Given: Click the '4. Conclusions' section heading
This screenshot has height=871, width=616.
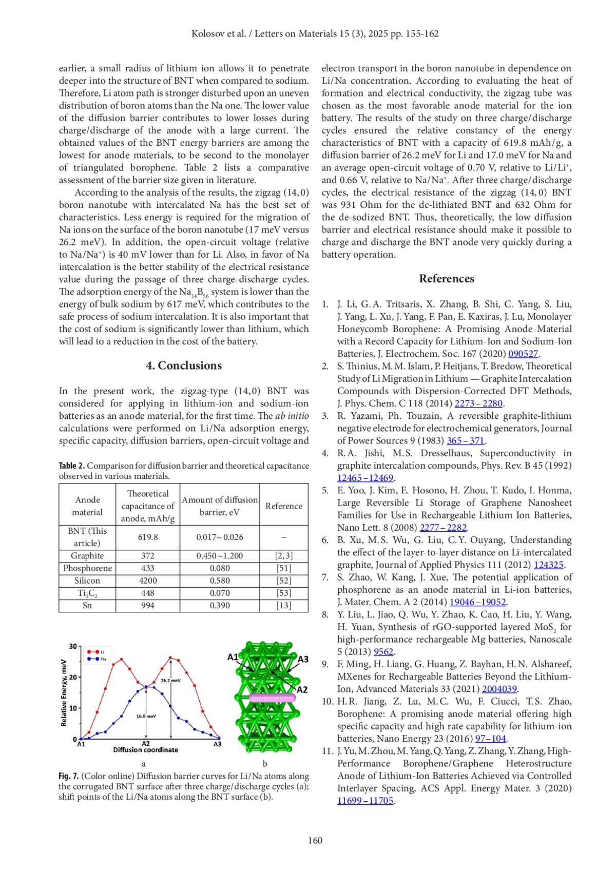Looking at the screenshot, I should tap(184, 365).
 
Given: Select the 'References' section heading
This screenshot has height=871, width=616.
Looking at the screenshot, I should tap(447, 279).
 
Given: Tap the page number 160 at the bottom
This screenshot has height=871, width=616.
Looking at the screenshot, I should tap(315, 840).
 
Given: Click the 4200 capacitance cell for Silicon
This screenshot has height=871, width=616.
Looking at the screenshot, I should tap(148, 580).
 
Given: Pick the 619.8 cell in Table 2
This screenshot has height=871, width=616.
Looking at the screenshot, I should tap(148, 537).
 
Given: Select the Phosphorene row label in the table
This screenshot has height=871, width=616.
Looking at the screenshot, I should tap(87, 568).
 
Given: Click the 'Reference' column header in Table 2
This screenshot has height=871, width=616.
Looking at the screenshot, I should tap(284, 506).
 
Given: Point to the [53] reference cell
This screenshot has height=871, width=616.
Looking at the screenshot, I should tap(284, 593).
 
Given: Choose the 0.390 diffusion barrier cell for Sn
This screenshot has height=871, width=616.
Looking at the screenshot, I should tap(220, 606).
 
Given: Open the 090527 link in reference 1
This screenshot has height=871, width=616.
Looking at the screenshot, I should tap(523, 354).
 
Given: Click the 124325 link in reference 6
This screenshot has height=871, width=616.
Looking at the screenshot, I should tap(548, 565).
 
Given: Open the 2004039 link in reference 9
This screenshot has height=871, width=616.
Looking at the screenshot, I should tap(499, 689).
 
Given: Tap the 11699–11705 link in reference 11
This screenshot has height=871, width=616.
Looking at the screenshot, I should tap(365, 801).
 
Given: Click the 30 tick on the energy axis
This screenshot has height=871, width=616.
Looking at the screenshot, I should tap(73, 646).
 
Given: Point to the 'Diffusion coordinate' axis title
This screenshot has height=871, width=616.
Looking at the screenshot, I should tap(146, 750).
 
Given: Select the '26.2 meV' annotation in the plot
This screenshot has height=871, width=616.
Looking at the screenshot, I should tap(171, 681).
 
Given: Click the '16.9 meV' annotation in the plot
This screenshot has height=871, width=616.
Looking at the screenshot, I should tap(146, 716).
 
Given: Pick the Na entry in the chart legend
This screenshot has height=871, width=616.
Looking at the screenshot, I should tap(103, 659).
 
